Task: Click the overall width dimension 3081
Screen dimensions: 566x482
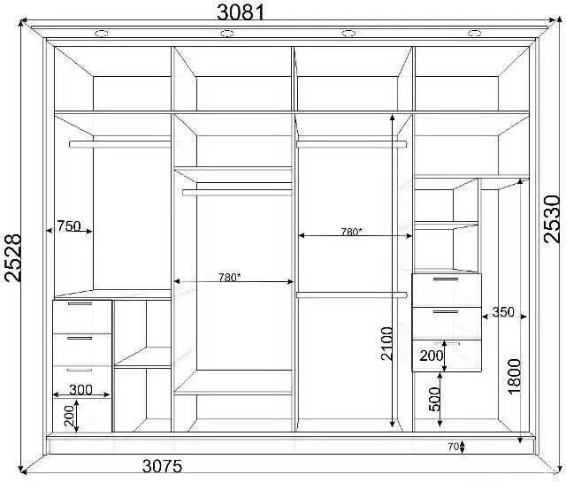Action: pos(241,12)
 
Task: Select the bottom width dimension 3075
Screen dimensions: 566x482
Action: pos(162,466)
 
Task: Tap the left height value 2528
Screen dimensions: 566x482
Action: pos(13,257)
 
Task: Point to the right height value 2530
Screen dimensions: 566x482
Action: pos(551,218)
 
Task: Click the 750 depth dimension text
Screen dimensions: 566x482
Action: pos(69,226)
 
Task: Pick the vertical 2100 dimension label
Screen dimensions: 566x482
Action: pos(386,343)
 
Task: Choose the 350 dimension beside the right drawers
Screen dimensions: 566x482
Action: pos(503,311)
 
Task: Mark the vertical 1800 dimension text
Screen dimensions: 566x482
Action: pos(515,376)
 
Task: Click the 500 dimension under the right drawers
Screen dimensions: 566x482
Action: pos(435,400)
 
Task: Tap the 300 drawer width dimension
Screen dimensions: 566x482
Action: pos(80,389)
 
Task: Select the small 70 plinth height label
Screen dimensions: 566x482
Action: pos(454,447)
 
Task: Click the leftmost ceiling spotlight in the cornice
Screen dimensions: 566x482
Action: pos(102,34)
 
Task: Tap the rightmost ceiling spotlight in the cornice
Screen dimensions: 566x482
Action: pos(474,34)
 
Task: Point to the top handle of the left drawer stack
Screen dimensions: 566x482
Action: pos(80,304)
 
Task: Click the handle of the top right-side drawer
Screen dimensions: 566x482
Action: pos(446,279)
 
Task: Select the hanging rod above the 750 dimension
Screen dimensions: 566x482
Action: pos(120,144)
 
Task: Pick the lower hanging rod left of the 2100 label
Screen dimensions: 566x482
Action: pos(352,295)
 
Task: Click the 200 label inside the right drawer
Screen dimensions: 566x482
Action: pos(431,356)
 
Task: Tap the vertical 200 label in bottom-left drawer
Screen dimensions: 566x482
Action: pos(71,415)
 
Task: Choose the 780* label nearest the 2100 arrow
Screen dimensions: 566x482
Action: pos(351,232)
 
